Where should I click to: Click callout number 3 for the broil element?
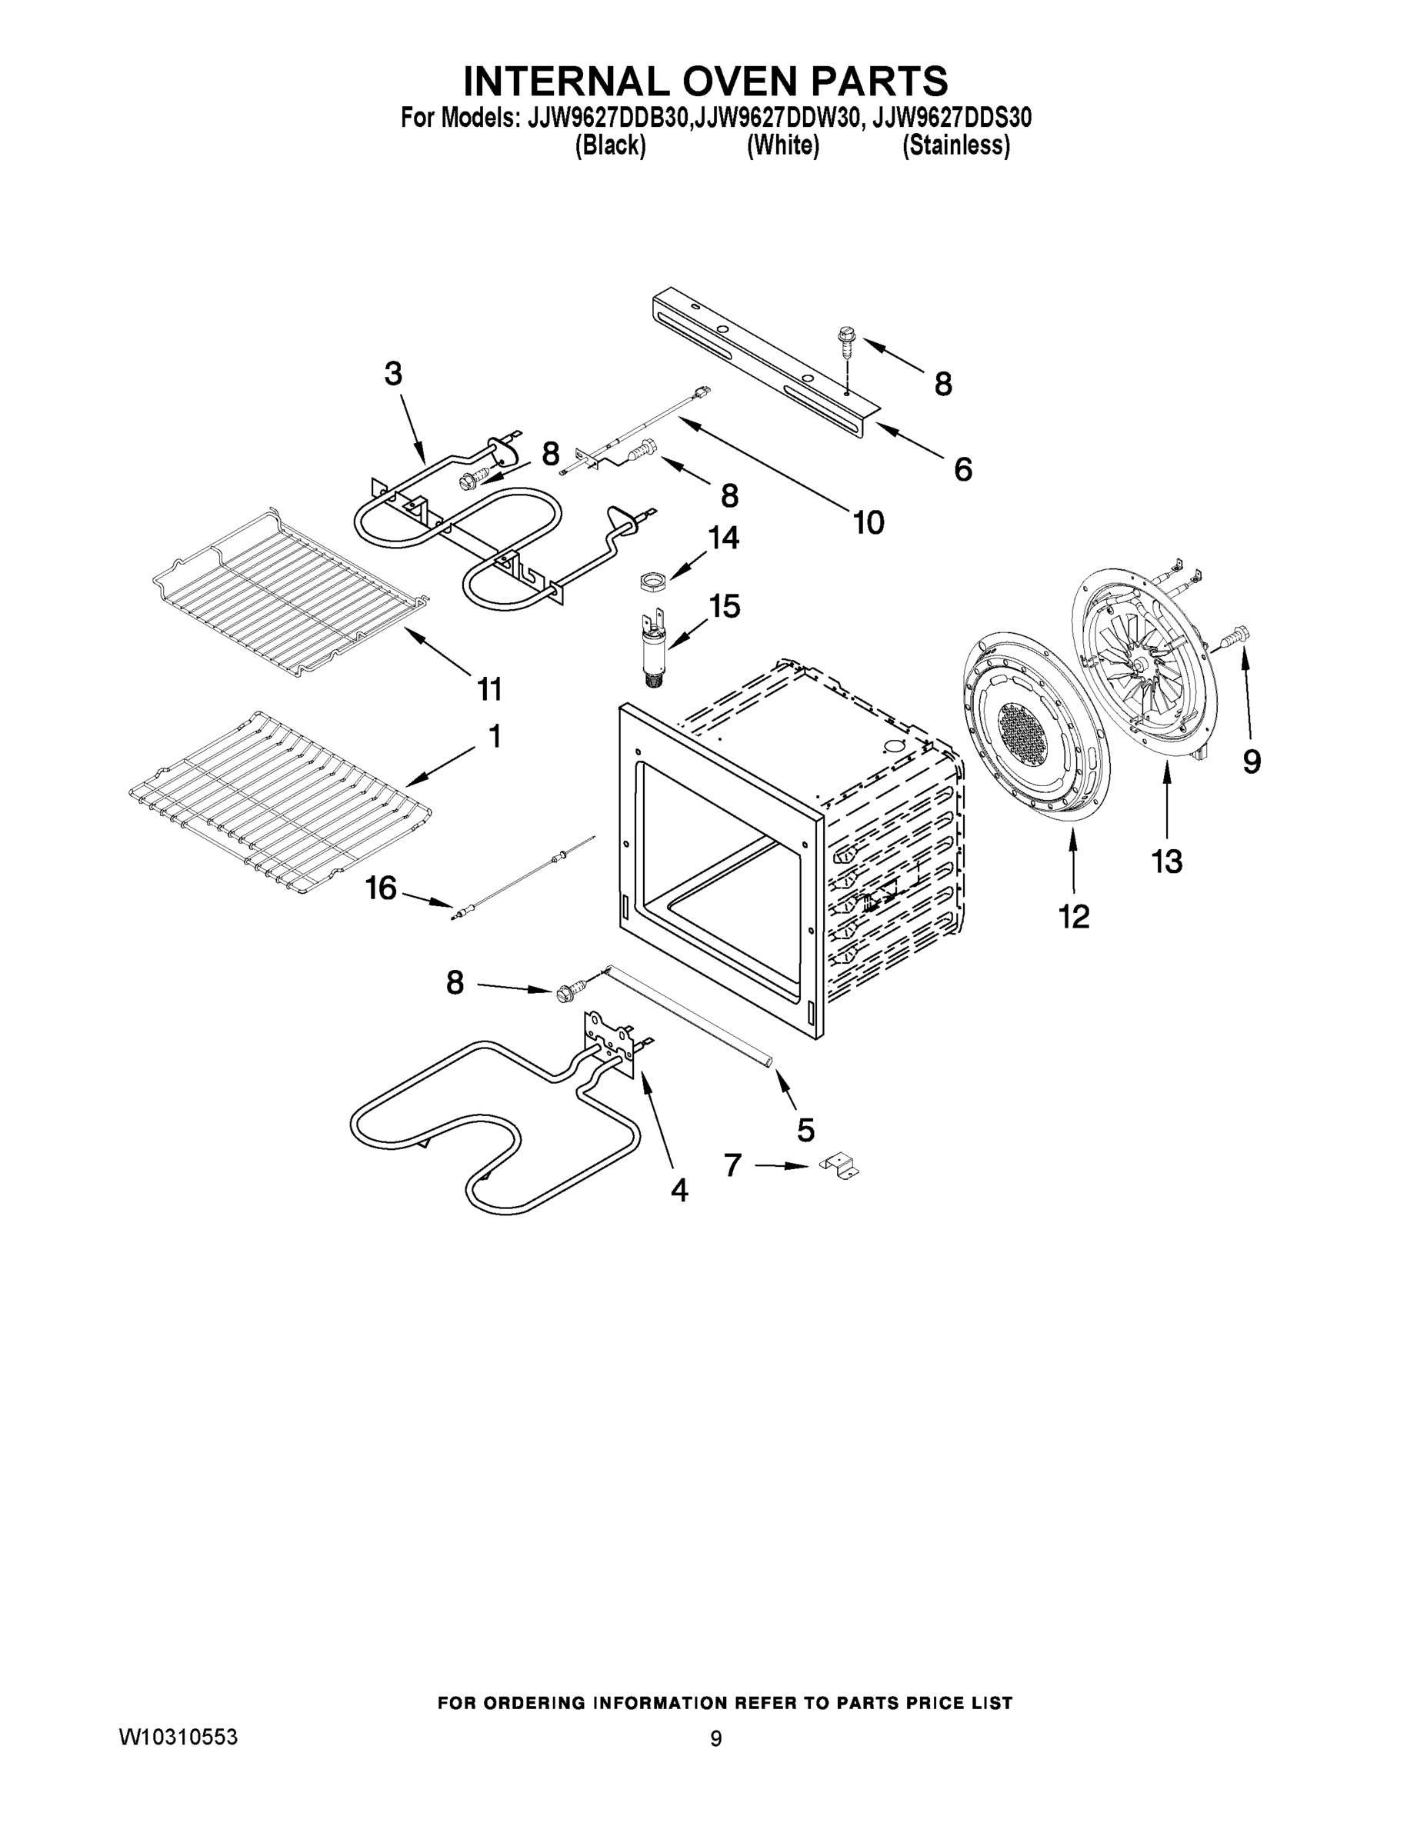click(x=393, y=375)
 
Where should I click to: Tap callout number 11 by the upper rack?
click(x=489, y=689)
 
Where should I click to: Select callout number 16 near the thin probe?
click(x=382, y=888)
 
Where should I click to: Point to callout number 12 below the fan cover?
click(x=1074, y=915)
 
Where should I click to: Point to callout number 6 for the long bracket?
click(x=963, y=469)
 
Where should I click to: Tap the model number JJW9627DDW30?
click(x=779, y=118)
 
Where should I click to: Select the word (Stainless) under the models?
click(x=956, y=145)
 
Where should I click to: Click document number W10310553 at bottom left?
click(x=178, y=1738)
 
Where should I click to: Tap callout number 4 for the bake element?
click(x=678, y=1190)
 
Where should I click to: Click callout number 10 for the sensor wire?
click(x=869, y=522)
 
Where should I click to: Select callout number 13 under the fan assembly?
click(x=1167, y=862)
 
